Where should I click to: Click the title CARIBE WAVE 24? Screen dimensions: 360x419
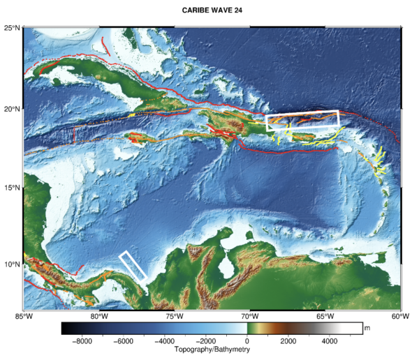click(212, 10)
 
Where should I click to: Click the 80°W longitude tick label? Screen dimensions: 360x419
click(99, 317)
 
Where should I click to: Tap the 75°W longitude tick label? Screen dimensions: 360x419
click(175, 317)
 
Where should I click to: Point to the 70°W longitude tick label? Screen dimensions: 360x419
click(250, 317)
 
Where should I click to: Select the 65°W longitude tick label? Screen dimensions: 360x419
click(325, 317)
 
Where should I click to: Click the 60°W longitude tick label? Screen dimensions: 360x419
click(400, 317)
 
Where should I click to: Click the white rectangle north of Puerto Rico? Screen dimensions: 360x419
click(302, 121)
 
